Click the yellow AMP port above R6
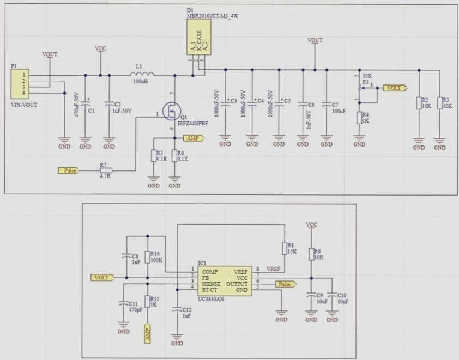tap(194, 139)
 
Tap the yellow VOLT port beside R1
tap(394, 88)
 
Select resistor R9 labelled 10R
tap(311, 254)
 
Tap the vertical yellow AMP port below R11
tap(147, 333)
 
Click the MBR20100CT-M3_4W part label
tap(213, 16)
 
